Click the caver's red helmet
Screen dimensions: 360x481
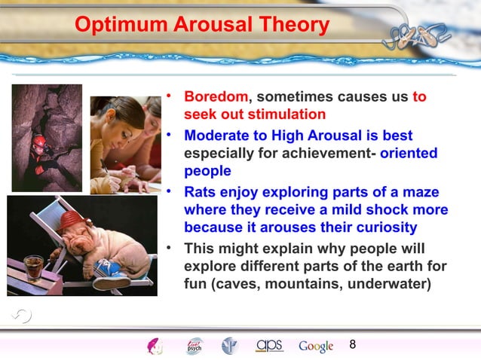coord(38,142)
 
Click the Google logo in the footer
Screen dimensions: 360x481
coord(316,346)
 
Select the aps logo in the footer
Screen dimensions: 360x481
coord(269,346)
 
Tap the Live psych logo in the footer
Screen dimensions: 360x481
coord(194,346)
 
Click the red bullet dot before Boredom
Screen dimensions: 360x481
coord(171,96)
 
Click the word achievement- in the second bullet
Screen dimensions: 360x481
coord(333,154)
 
